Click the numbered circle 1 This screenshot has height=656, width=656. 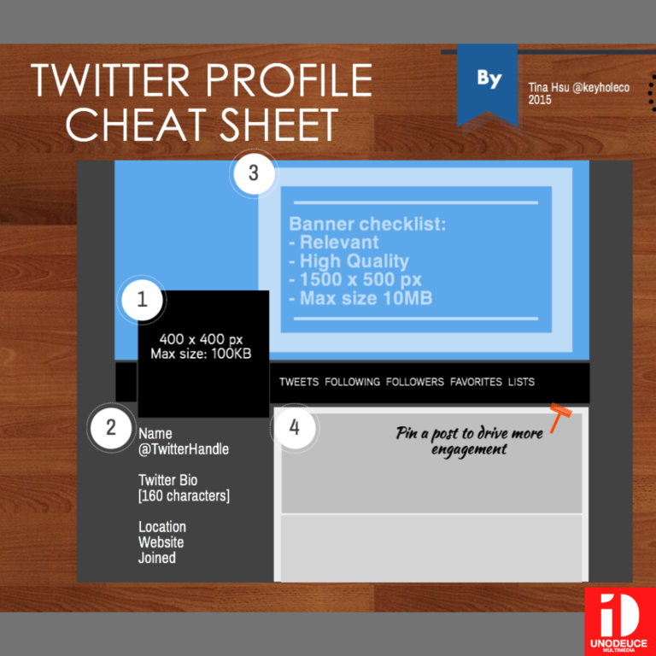142,300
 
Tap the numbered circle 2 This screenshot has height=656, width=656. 111,428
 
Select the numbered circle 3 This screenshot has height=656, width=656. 254,173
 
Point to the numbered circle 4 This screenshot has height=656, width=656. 295,428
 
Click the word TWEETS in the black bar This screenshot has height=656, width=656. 299,382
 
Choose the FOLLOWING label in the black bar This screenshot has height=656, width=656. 352,382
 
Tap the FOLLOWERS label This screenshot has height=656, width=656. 415,382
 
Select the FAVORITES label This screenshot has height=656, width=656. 476,382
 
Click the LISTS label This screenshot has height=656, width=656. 521,382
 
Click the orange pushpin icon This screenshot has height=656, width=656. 560,417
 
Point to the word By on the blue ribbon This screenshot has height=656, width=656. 489,79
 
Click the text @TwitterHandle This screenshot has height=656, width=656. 184,449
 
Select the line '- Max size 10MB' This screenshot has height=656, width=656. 360,299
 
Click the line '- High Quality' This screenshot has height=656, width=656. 348,261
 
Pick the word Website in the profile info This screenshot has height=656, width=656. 161,542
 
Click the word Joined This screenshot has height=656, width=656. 157,558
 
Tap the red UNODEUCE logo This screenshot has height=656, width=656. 620,622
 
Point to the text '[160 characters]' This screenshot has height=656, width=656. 184,496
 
